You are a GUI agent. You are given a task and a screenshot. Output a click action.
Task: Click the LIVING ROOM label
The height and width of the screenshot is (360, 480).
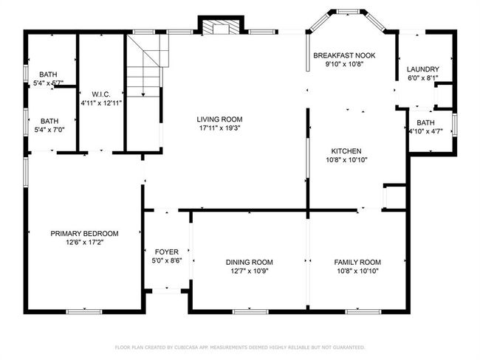coord(219,120)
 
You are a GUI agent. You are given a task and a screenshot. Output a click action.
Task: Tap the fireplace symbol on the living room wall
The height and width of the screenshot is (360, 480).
coord(221,27)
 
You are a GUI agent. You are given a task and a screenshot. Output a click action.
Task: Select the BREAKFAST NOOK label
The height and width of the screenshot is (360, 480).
coord(344,55)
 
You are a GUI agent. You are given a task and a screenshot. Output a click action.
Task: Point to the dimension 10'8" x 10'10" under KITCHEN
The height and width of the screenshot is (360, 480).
coord(346,159)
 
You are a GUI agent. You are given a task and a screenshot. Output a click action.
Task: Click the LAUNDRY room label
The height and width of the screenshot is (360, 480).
coord(423,69)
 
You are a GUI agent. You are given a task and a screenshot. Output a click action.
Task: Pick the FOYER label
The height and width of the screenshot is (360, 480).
coord(167,252)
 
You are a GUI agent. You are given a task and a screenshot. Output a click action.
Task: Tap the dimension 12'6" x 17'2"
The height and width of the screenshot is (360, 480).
coord(84,243)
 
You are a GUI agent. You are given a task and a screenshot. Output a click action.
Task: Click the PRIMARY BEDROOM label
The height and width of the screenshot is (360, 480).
coord(84,234)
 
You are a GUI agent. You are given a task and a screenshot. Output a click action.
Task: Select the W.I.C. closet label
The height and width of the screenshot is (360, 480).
coord(101,94)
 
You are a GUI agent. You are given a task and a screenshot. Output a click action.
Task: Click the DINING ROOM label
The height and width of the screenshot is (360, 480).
coord(250,262)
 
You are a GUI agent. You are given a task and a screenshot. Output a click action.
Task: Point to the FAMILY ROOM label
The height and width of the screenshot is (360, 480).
coord(357,262)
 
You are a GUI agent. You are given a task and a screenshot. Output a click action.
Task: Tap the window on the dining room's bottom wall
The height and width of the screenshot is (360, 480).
coord(250,311)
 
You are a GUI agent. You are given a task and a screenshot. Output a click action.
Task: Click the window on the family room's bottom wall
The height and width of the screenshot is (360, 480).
coord(363,311)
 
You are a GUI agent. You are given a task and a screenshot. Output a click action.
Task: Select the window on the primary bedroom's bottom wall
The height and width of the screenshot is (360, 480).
coord(84,311)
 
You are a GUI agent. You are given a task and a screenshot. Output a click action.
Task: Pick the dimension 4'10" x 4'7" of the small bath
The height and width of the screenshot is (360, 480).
coord(426,131)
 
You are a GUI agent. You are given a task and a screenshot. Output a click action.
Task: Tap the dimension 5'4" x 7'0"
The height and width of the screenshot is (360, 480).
coord(49,130)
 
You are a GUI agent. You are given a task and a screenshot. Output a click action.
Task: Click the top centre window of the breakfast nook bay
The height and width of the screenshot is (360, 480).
coord(348,12)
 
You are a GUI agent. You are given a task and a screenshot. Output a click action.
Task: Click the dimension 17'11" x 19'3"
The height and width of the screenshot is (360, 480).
coord(219,128)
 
